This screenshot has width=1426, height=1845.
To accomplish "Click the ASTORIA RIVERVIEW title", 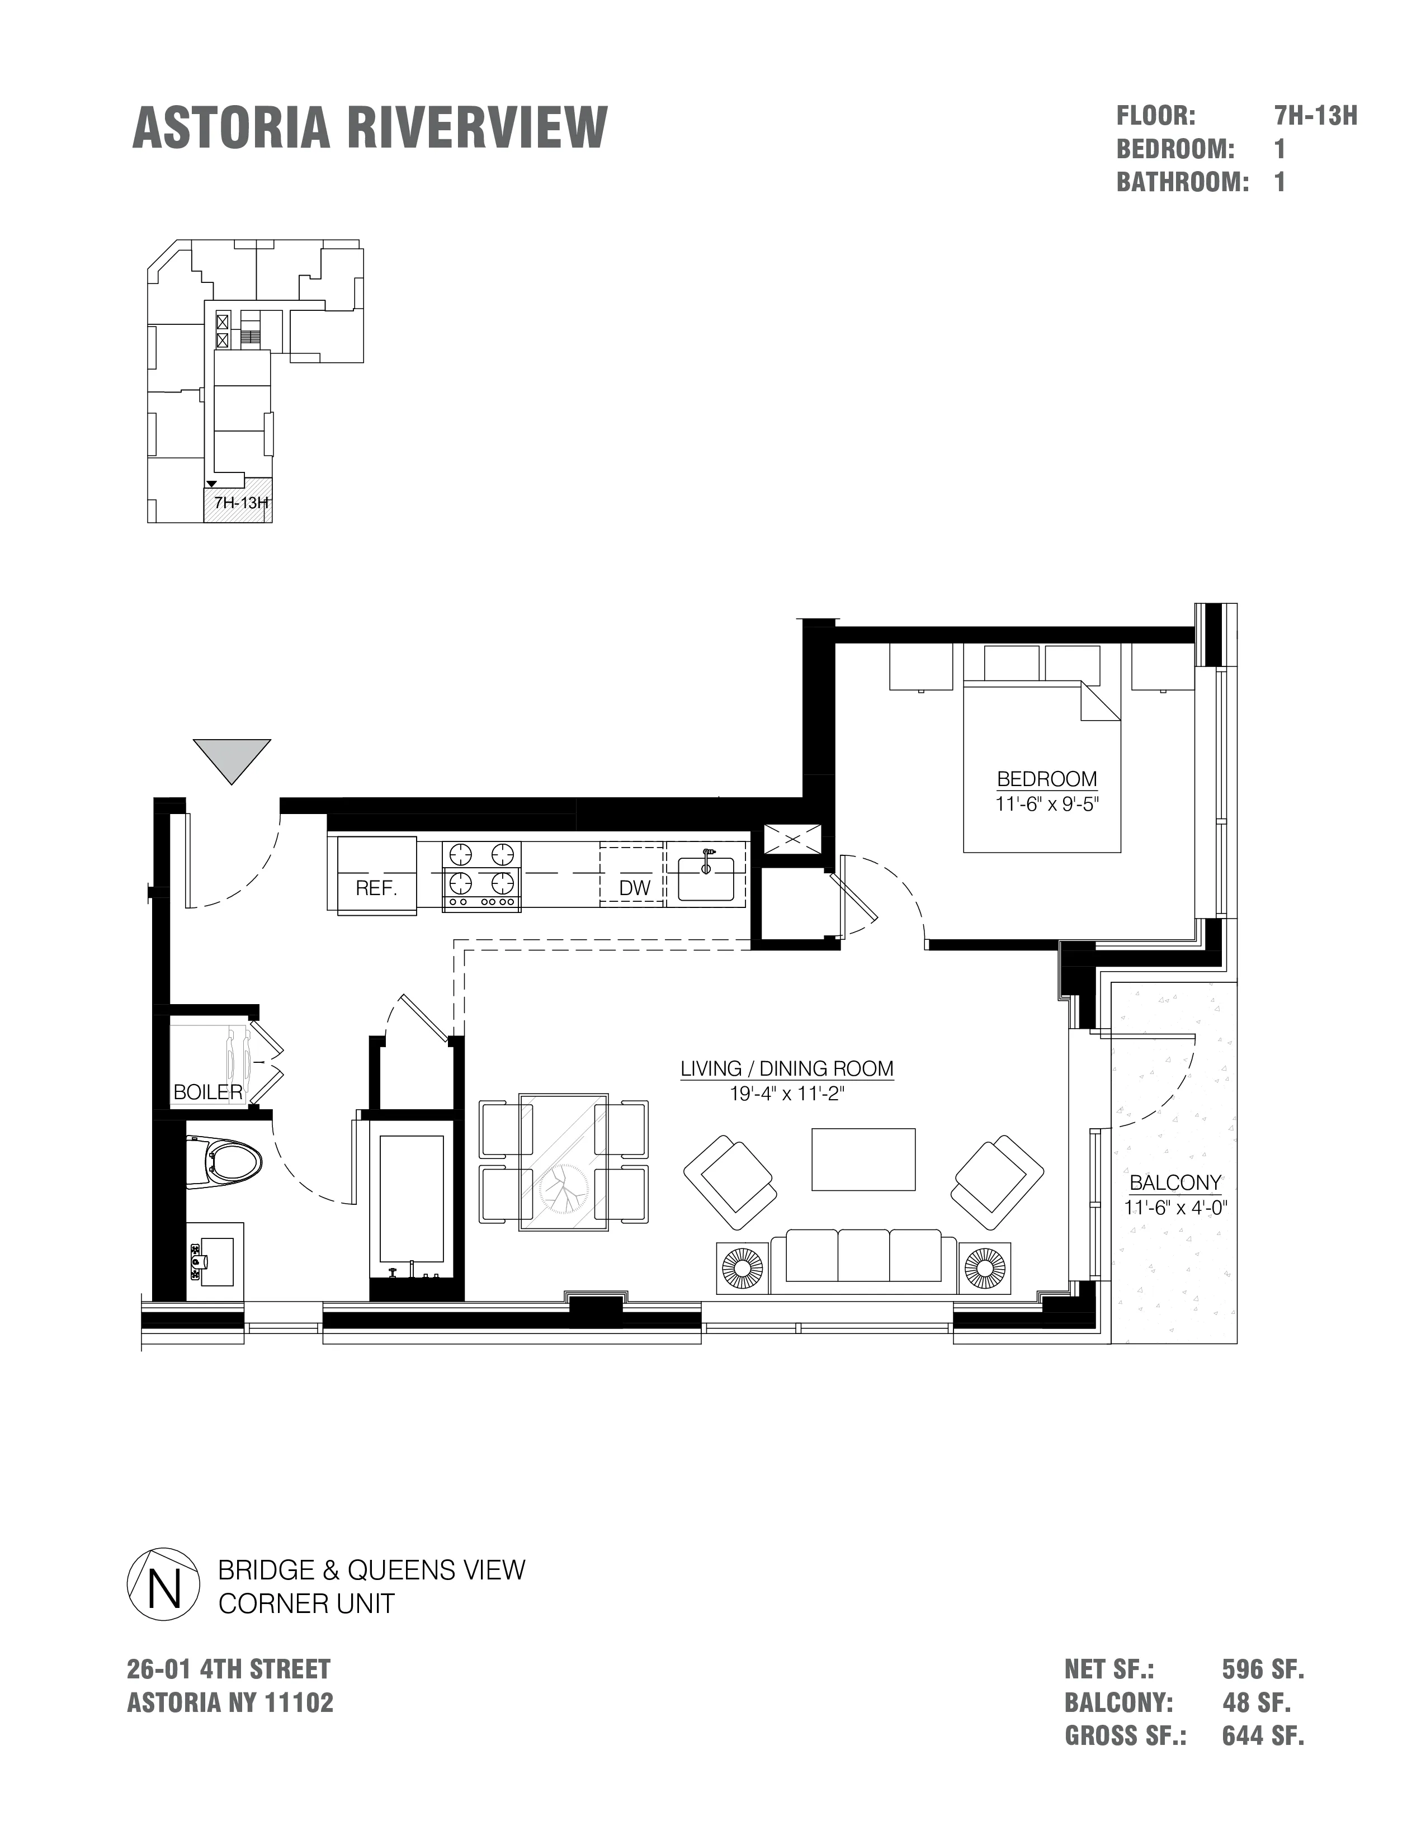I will tap(370, 129).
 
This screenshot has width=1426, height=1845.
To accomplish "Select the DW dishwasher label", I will tap(635, 888).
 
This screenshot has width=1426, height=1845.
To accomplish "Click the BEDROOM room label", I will tap(1047, 779).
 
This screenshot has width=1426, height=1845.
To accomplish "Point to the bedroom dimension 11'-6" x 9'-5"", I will tap(1047, 804).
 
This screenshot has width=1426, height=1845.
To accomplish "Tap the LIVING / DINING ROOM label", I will tap(786, 1068).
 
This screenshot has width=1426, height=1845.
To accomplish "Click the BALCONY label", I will tap(1175, 1182).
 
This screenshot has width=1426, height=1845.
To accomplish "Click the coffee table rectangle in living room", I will tap(863, 1159).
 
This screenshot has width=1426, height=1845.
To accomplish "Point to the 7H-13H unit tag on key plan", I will tap(242, 503).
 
